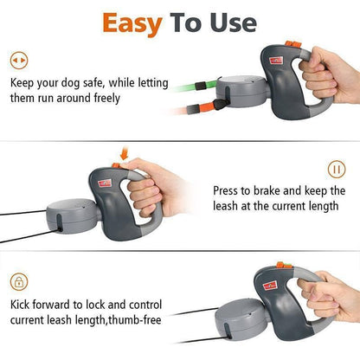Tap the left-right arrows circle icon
(x=17, y=61)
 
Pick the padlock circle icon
(x=17, y=281)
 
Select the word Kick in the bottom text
(x=23, y=305)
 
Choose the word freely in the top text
(x=126, y=98)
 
